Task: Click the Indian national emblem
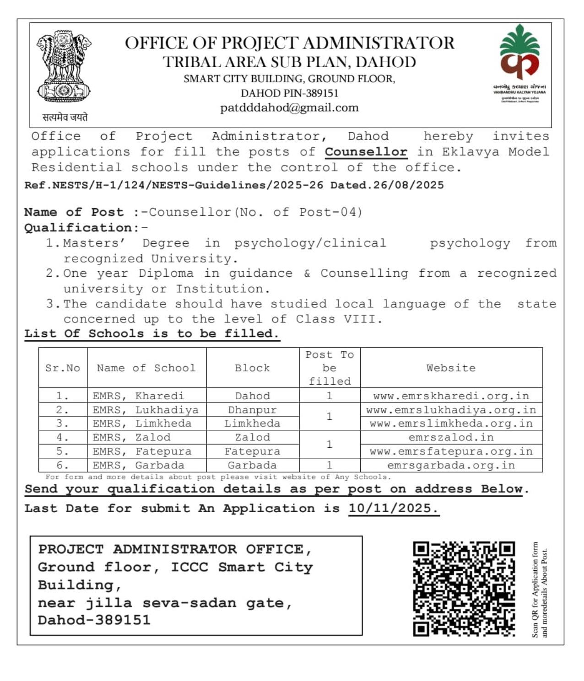(x=64, y=67)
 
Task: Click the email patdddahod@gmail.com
(x=289, y=108)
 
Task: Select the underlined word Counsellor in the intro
(x=366, y=152)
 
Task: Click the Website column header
(x=451, y=368)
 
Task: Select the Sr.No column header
(x=63, y=368)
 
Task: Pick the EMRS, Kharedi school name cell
(x=138, y=396)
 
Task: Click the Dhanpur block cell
(x=252, y=410)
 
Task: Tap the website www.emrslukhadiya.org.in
(x=451, y=410)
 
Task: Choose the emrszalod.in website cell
(x=451, y=437)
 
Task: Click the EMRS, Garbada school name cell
(x=138, y=465)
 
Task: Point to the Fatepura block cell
(x=252, y=451)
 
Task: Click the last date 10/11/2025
(x=393, y=508)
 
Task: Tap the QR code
(x=464, y=589)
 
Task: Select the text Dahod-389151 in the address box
(x=94, y=620)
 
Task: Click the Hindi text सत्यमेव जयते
(x=65, y=117)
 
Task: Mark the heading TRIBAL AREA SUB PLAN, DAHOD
(x=289, y=62)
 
